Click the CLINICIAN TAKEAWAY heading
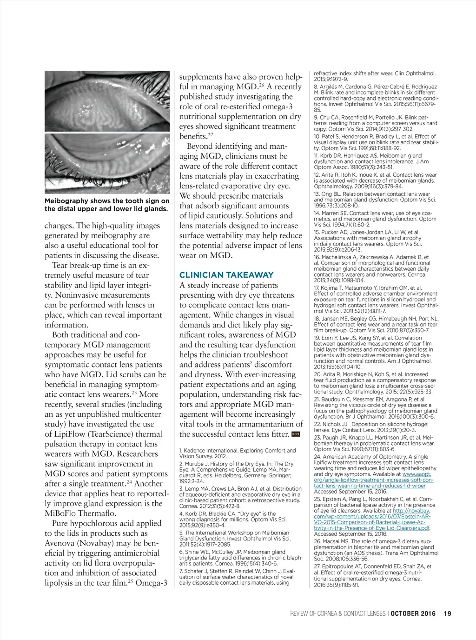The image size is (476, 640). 226,275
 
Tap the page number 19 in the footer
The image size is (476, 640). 448,613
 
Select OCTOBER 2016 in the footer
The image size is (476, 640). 413,613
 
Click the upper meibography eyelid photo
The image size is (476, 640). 107,101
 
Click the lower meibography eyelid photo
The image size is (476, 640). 107,163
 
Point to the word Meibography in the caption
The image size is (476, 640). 66,201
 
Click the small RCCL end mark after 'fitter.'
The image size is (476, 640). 296,434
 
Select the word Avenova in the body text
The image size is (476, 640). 61,543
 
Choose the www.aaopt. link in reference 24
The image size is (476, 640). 416,474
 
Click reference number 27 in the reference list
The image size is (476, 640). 317,567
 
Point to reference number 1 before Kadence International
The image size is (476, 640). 181,451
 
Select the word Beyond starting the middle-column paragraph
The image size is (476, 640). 200,146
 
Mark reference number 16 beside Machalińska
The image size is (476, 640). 317,257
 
